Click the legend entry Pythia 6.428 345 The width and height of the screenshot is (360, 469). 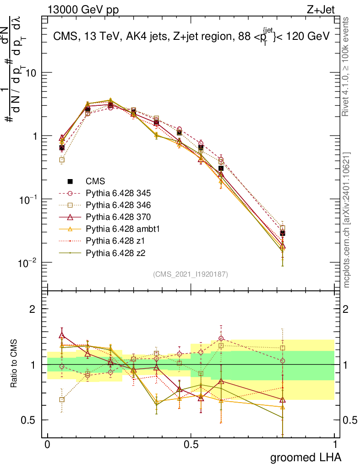tap(112, 192)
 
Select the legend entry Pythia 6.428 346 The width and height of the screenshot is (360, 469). tap(112, 204)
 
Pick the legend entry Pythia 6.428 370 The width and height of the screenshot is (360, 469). tap(112, 216)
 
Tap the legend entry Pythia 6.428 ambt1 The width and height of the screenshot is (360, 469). tap(115, 228)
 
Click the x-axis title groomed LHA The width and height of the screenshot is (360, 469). tap(306, 457)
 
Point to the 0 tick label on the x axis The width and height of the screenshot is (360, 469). tap(47, 444)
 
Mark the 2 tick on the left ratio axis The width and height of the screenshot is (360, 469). tap(33, 309)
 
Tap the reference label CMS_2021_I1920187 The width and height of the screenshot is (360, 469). tap(191, 274)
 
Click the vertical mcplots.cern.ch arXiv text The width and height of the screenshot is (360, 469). tap(347, 220)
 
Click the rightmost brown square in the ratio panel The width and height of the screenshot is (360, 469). tap(283, 348)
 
